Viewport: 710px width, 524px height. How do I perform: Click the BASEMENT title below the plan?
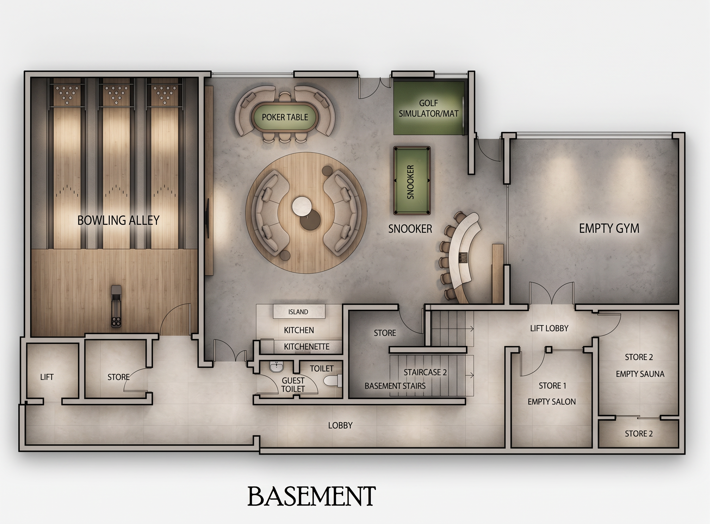pos(311,496)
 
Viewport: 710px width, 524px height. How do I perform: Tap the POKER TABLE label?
pos(285,117)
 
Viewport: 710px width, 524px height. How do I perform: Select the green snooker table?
pos(412,181)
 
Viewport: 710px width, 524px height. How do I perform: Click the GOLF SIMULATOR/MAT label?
pos(429,108)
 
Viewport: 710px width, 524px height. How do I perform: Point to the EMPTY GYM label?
pos(609,228)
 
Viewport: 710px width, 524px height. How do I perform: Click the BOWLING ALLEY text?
pos(118,220)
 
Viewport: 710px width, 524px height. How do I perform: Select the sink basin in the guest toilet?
pos(277,367)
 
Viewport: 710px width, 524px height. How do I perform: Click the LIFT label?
pos(47,377)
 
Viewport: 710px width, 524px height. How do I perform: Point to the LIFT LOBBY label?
pos(549,328)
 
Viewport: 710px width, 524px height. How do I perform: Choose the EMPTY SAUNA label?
pos(640,374)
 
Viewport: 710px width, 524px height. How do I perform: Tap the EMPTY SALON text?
pos(551,402)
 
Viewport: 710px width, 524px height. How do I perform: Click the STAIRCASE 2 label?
pos(425,372)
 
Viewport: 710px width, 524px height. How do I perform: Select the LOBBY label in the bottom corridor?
pos(340,425)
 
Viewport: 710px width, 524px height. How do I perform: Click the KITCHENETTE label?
pos(306,346)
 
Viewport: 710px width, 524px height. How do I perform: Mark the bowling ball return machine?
pos(116,306)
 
